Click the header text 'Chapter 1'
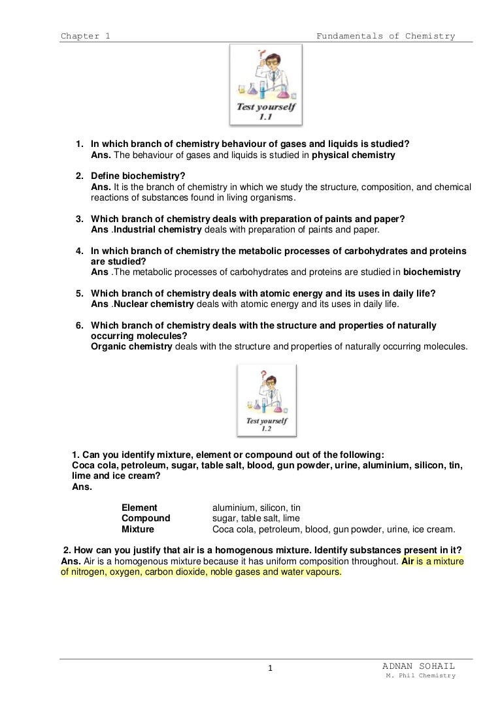click(x=85, y=36)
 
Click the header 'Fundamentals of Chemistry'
click(x=386, y=36)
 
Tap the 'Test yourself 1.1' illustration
click(x=265, y=85)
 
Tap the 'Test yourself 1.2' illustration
click(x=266, y=400)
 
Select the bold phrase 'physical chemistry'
click(x=354, y=155)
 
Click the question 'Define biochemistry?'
click(x=138, y=176)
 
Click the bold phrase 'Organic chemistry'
click(x=131, y=346)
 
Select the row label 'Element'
click(x=139, y=508)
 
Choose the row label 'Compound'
click(x=146, y=518)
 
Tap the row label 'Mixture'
click(x=138, y=529)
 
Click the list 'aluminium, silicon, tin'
click(x=257, y=508)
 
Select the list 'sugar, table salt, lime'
click(x=256, y=518)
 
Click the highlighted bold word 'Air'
click(x=409, y=561)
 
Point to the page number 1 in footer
click(x=271, y=668)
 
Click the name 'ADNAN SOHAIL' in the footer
click(x=419, y=666)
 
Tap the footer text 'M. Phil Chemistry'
click(x=421, y=676)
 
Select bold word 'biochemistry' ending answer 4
click(x=431, y=272)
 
